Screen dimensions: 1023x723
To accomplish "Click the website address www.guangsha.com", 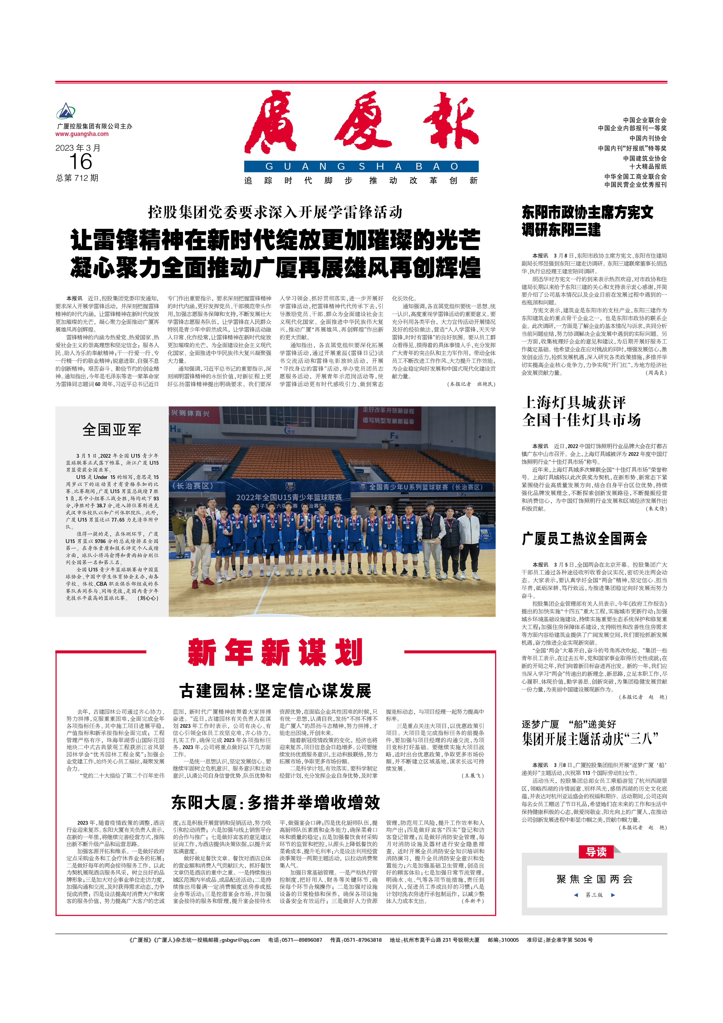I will coord(82,134).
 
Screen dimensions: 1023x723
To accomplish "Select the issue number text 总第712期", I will coord(77,178).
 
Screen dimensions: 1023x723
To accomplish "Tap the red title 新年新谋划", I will coord(275,652).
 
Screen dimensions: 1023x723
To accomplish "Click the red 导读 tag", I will coord(596,852).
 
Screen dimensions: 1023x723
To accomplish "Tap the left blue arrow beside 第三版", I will coord(576,895).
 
